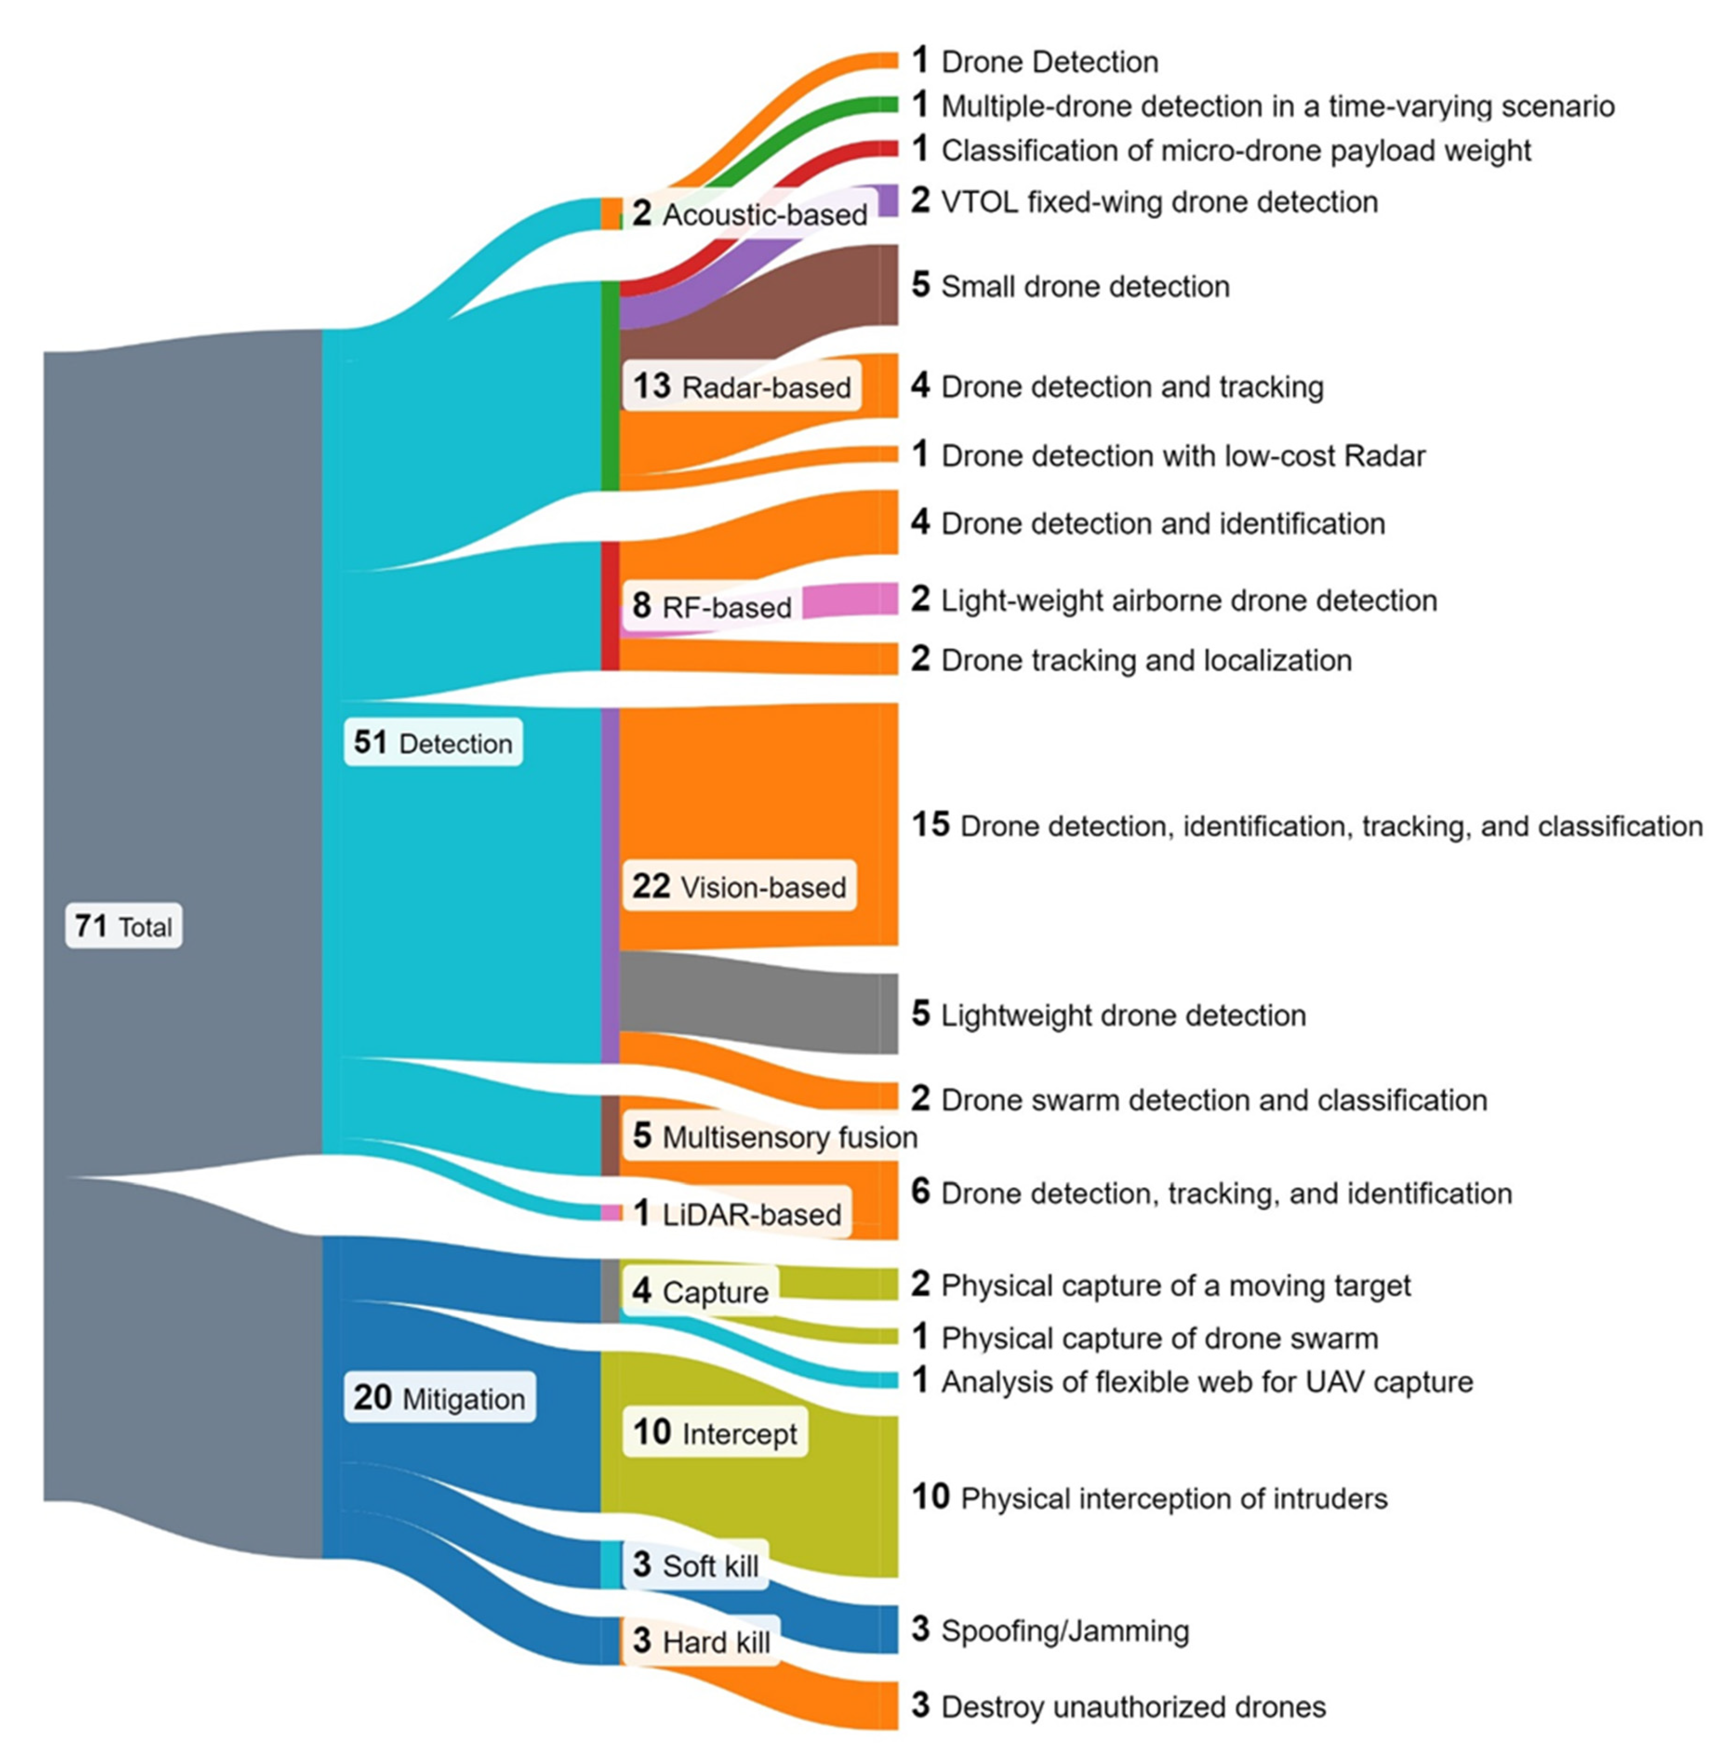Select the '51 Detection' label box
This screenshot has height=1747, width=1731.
[x=433, y=742]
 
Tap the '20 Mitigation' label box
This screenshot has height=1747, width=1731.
[x=439, y=1397]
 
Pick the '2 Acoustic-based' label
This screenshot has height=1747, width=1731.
[x=749, y=214]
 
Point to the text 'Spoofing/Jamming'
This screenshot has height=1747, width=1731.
[x=1065, y=1630]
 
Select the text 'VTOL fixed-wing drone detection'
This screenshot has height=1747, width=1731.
[x=1160, y=202]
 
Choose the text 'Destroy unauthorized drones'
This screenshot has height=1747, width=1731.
[x=1133, y=1706]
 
